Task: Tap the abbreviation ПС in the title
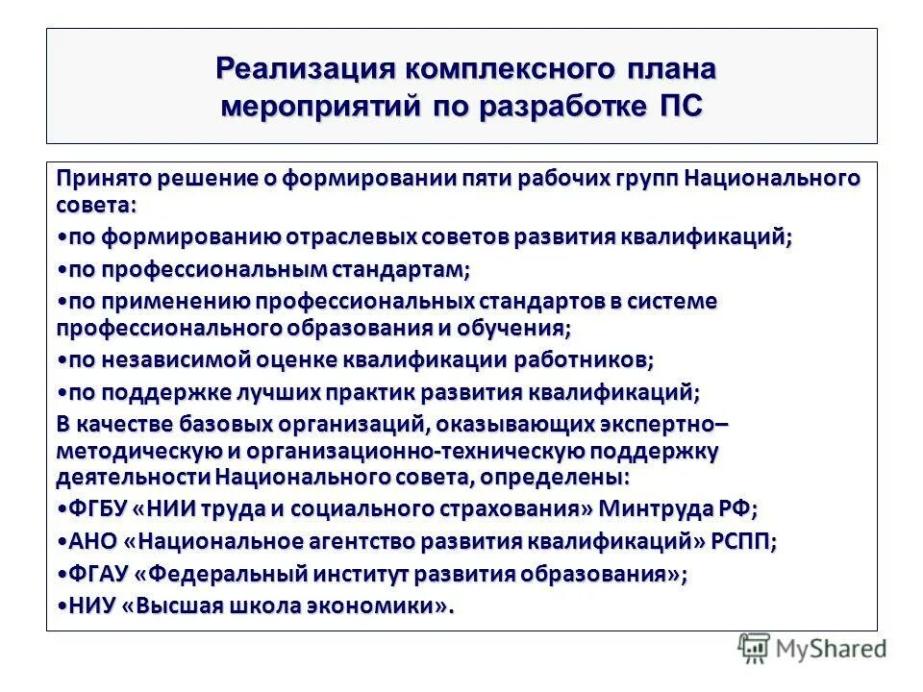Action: tap(679, 105)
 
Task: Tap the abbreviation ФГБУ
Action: tap(93, 508)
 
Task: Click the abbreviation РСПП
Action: tap(742, 541)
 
